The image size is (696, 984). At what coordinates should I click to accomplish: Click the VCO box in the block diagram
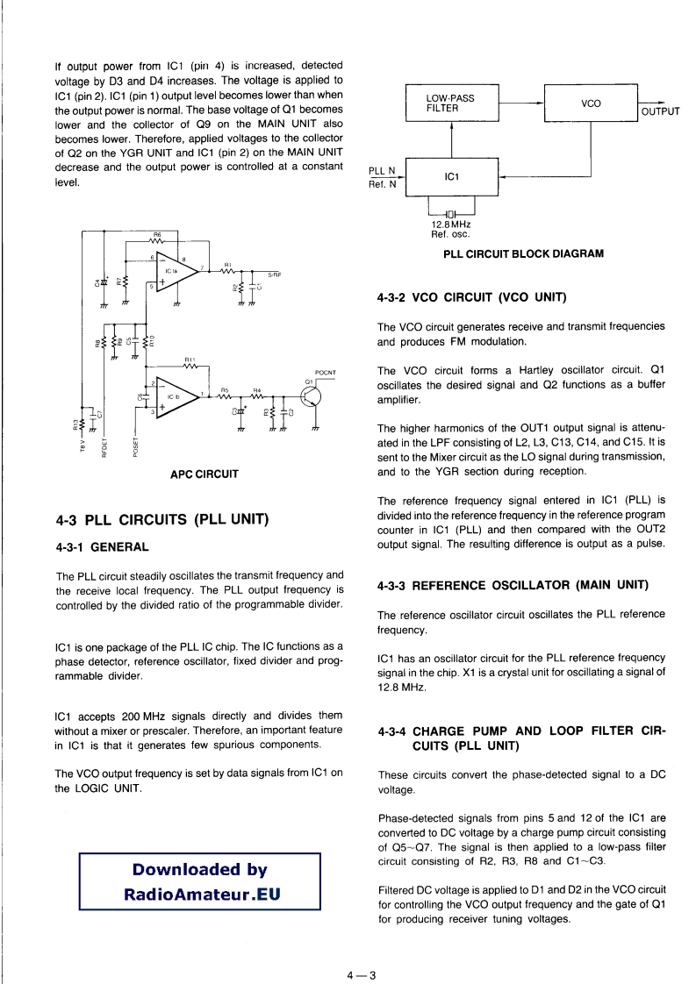pyautogui.click(x=591, y=103)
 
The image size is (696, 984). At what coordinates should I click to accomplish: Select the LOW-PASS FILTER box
pyautogui.click(x=451, y=103)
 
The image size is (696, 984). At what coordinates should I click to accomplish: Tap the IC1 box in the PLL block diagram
pyautogui.click(x=451, y=177)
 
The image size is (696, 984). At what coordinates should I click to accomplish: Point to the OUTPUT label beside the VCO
pyautogui.click(x=661, y=111)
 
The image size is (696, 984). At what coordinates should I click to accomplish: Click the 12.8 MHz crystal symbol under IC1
pyautogui.click(x=451, y=214)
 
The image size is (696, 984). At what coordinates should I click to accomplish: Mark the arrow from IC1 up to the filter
pyautogui.click(x=451, y=139)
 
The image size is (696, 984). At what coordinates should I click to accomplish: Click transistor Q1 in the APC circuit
pyautogui.click(x=311, y=397)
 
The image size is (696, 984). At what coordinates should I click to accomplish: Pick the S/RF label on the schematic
pyautogui.click(x=274, y=275)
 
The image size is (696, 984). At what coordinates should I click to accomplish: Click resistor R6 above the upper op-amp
pyautogui.click(x=158, y=240)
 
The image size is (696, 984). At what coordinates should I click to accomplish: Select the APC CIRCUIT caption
pyautogui.click(x=204, y=474)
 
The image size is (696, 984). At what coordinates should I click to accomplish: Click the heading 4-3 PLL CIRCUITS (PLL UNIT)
pyautogui.click(x=161, y=519)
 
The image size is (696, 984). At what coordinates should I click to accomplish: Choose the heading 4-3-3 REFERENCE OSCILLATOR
pyautogui.click(x=512, y=585)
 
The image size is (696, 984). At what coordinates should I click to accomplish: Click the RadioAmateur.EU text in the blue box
pyautogui.click(x=200, y=895)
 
